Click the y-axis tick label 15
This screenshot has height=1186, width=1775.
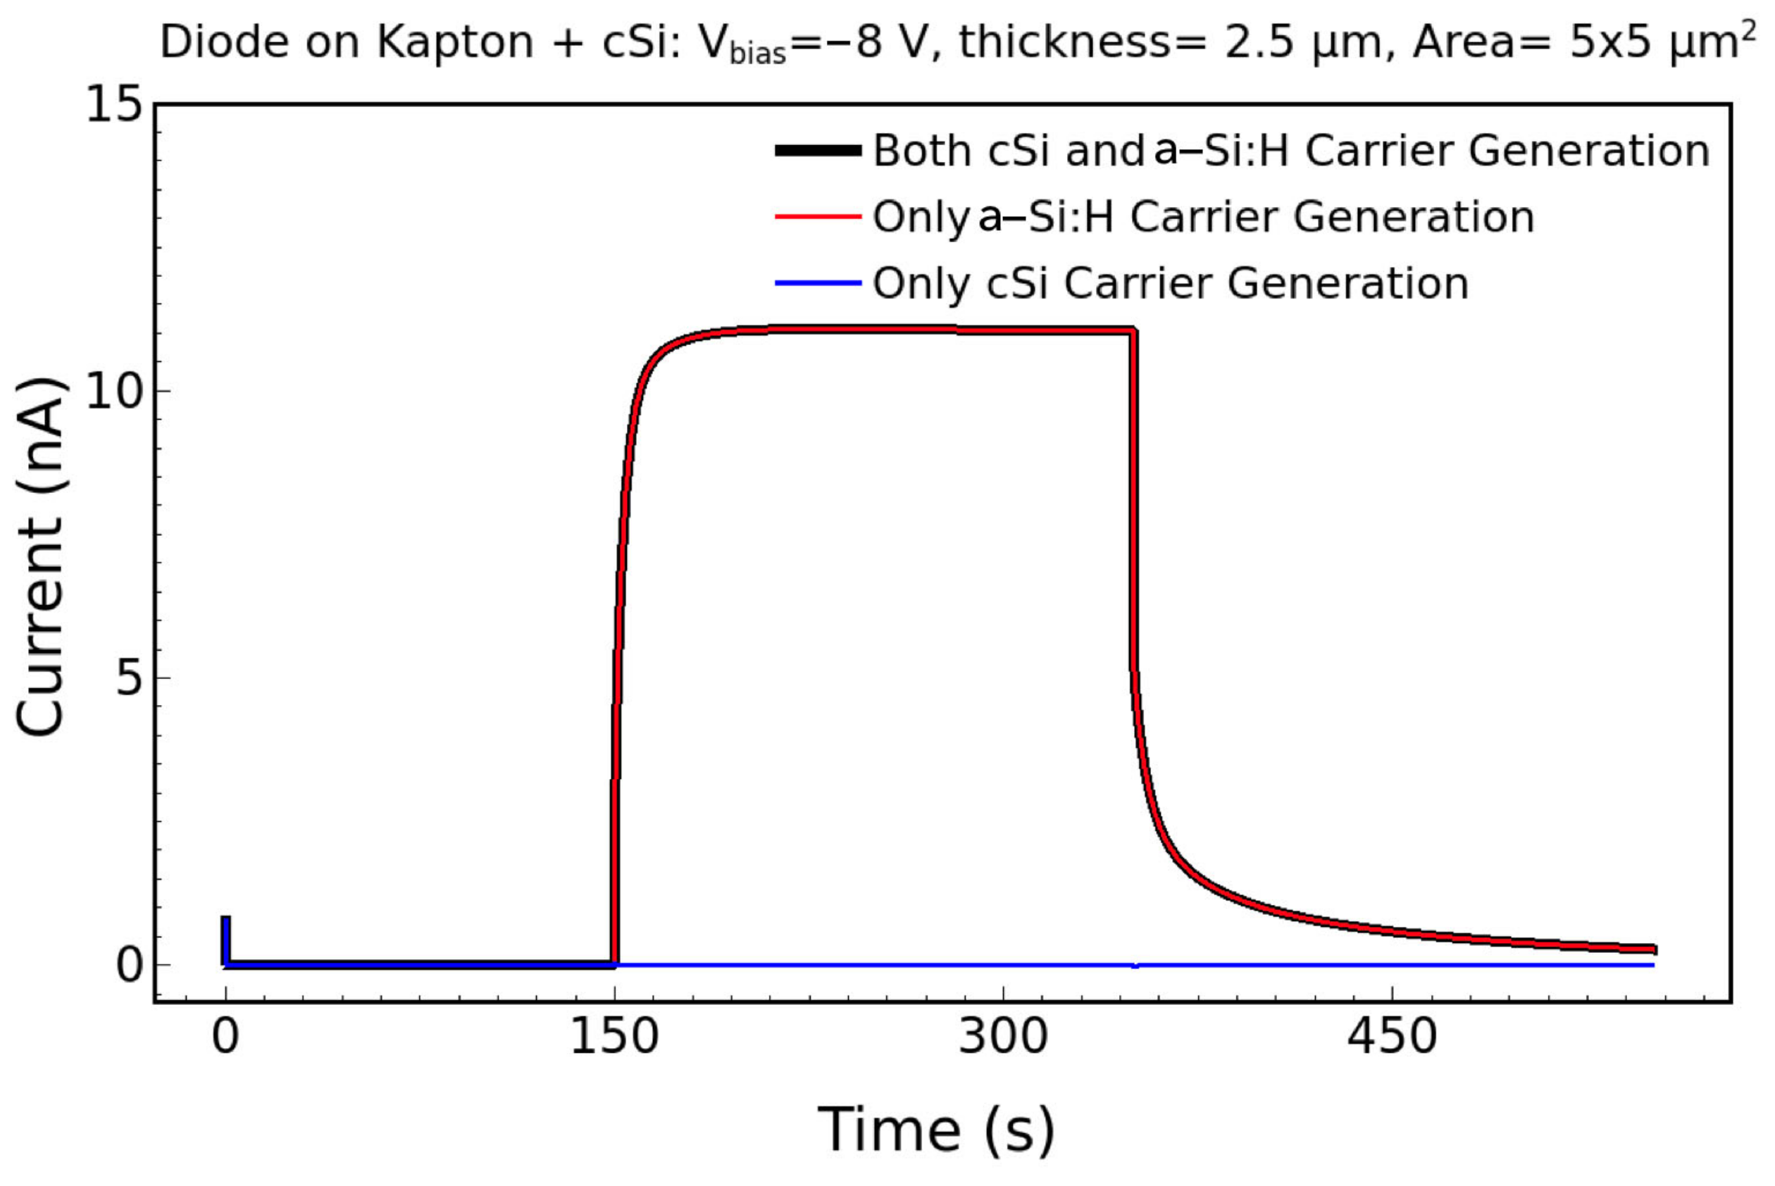114,104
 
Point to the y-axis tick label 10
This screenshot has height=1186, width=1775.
114,391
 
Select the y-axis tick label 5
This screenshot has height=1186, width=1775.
130,678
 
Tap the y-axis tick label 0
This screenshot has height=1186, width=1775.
130,965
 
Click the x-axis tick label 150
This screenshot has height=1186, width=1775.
614,1037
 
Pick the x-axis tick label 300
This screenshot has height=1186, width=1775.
1002,1037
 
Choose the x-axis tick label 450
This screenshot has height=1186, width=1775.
1391,1037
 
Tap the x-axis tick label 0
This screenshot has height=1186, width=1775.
225,1037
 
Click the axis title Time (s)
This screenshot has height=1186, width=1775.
935,1129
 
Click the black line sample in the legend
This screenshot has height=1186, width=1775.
818,151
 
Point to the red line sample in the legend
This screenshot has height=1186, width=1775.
818,217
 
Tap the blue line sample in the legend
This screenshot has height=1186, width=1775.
818,284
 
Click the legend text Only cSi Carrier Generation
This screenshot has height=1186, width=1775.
1170,284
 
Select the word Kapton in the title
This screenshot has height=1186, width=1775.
454,42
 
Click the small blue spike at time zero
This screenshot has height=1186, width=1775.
225,938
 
